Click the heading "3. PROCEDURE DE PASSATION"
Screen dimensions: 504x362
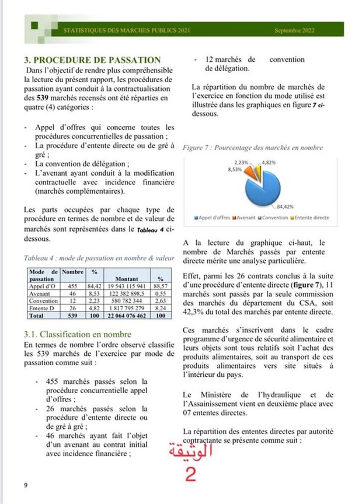click(92, 60)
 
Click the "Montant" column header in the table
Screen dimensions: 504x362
click(127, 278)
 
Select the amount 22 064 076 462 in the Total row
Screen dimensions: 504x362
click(126, 315)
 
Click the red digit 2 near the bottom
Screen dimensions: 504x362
click(190, 473)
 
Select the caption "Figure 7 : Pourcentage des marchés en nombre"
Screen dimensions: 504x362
click(252, 148)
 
